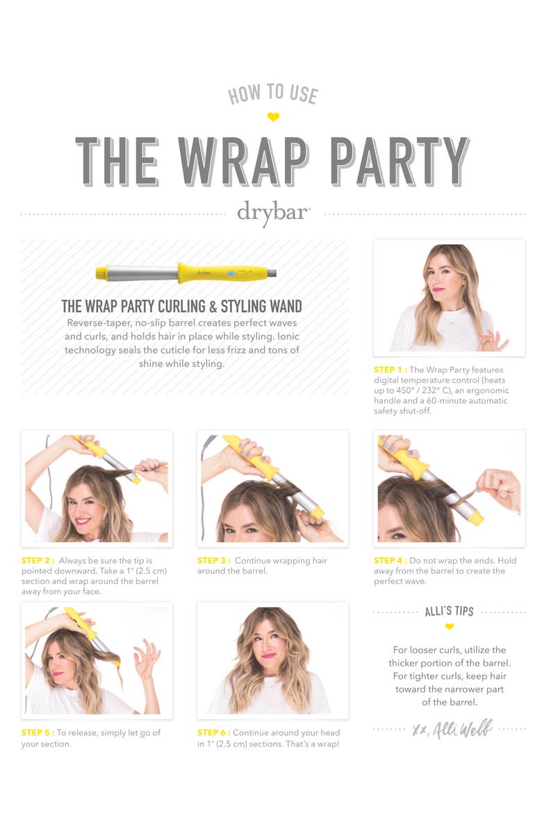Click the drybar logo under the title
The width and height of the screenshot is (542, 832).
click(x=273, y=214)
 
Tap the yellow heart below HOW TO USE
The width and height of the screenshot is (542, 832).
click(x=273, y=117)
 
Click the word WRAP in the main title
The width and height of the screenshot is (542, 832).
click(x=243, y=161)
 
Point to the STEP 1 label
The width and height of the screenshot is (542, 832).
click(x=390, y=370)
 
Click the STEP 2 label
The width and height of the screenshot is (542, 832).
click(x=38, y=561)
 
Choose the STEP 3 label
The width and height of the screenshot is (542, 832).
click(x=214, y=561)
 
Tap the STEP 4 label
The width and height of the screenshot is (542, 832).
click(x=390, y=561)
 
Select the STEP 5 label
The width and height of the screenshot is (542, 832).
click(x=38, y=733)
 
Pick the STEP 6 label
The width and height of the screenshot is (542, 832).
click(x=214, y=733)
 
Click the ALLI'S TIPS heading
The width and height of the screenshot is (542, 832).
click(x=449, y=611)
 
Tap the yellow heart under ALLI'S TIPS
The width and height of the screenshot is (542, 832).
click(x=449, y=627)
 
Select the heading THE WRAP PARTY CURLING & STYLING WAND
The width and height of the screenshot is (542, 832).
click(x=181, y=306)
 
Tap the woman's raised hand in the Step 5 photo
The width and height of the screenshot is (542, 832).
click(x=147, y=657)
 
